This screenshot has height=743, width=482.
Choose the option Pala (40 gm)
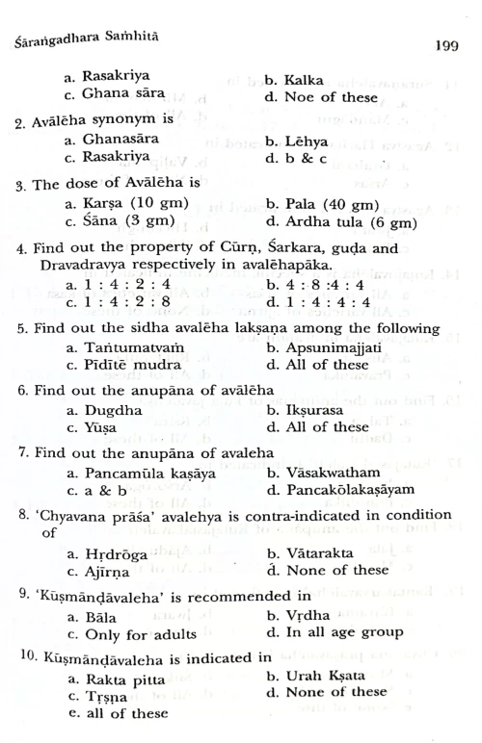coord(333,204)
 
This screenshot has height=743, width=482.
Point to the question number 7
coord(21,453)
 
